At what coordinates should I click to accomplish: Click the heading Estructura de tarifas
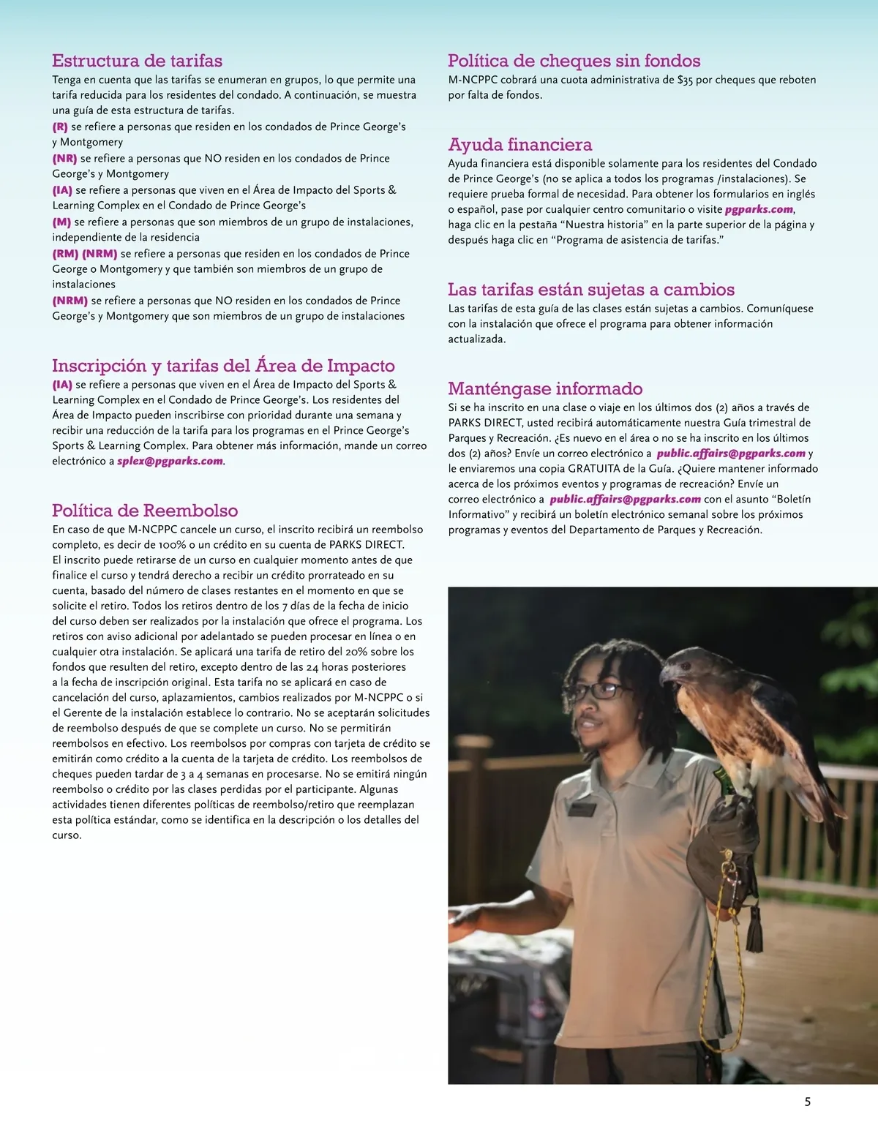[137, 61]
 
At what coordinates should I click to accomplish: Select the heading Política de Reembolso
[145, 511]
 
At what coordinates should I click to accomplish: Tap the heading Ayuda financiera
[519, 144]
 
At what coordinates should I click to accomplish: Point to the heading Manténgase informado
[545, 388]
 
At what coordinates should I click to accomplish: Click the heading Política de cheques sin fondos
[574, 61]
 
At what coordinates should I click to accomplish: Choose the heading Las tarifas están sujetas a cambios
[591, 290]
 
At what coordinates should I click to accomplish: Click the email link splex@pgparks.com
[170, 462]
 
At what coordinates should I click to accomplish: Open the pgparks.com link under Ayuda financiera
[759, 209]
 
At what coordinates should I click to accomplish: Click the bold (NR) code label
[64, 159]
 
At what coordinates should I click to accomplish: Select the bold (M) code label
[61, 222]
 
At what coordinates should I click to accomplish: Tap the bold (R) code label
[60, 127]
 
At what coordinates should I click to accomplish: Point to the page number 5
[807, 1102]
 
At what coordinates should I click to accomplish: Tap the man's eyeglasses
[603, 691]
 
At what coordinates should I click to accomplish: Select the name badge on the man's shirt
[582, 810]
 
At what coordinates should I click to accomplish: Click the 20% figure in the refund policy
[356, 652]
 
